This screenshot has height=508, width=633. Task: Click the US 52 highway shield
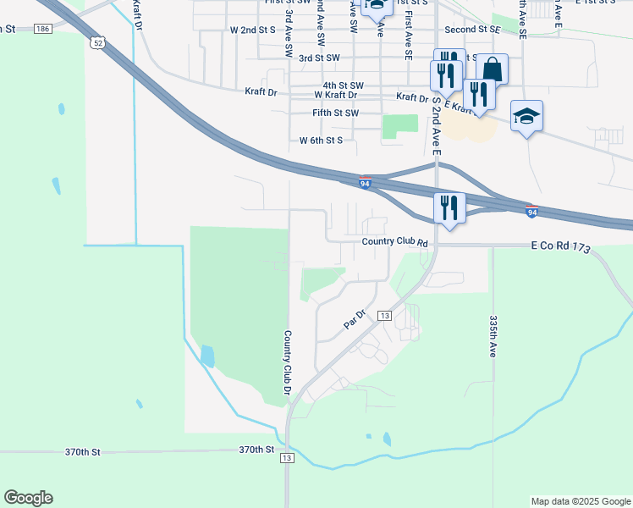tap(100, 41)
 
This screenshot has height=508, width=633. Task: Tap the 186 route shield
tap(43, 29)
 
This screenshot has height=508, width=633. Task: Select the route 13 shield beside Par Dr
tap(384, 315)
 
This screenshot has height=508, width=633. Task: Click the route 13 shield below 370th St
tap(288, 458)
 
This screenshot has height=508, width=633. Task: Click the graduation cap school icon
tap(526, 117)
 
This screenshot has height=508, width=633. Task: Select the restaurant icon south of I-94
tap(449, 207)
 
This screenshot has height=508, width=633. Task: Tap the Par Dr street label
tap(354, 319)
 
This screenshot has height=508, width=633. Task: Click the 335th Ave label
tap(493, 336)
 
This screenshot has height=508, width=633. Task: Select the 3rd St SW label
tap(319, 58)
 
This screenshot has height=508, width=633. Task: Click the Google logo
tap(28, 498)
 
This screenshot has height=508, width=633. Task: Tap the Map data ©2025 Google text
tap(580, 501)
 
